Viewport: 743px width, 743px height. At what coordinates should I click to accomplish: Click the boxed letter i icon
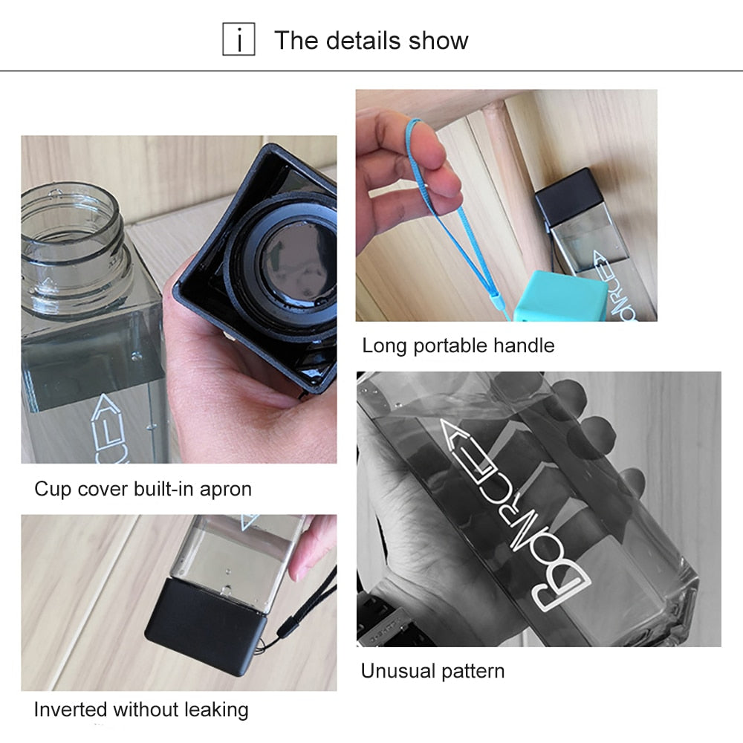coord(239,39)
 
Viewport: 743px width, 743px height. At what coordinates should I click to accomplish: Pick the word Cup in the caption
coord(53,490)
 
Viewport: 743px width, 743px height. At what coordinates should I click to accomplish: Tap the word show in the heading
coord(438,41)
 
